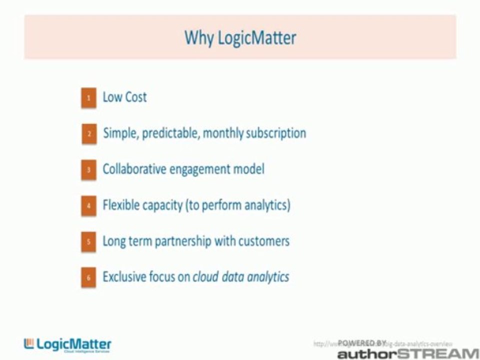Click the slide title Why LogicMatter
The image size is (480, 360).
[240, 38]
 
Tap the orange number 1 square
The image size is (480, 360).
[88, 98]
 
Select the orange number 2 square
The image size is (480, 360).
[89, 134]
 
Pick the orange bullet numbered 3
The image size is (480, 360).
[88, 170]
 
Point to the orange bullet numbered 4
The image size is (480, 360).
[88, 206]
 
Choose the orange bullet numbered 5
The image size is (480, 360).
[88, 242]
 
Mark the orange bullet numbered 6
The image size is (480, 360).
[88, 278]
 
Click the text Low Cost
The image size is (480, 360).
[124, 97]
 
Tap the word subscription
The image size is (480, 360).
[276, 133]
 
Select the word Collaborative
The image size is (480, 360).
[134, 169]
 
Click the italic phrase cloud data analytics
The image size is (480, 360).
[241, 277]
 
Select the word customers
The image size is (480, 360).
[263, 241]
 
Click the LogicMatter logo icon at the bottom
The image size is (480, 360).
[29, 343]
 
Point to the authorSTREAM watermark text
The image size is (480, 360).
[407, 353]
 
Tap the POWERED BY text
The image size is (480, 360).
[362, 343]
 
